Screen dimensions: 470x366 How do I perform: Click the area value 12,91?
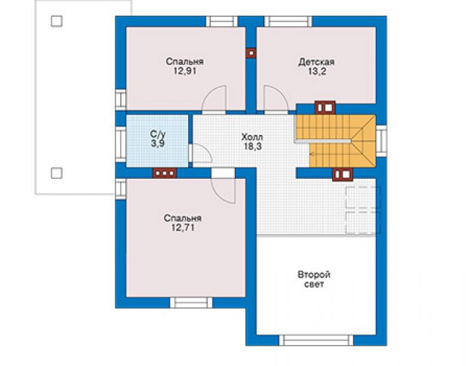click(185, 71)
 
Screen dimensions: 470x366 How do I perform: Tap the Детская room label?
click(316, 62)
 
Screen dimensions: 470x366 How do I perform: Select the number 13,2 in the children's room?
click(317, 71)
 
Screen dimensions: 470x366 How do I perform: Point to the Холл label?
click(252, 137)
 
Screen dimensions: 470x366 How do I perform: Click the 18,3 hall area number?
click(252, 146)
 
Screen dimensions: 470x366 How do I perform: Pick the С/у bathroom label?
click(158, 134)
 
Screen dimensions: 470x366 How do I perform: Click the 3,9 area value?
click(158, 143)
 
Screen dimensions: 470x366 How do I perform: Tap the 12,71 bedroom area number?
click(183, 227)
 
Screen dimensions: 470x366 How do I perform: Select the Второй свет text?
click(314, 279)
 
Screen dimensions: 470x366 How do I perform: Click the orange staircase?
click(336, 141)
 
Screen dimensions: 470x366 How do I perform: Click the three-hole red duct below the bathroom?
click(164, 173)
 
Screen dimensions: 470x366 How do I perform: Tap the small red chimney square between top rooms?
click(251, 53)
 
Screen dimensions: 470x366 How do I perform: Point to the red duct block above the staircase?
click(325, 108)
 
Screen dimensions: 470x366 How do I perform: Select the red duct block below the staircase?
click(342, 174)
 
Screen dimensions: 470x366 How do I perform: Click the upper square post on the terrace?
click(57, 22)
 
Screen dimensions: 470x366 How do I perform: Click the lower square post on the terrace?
click(57, 173)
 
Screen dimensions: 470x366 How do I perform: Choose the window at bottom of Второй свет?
click(316, 340)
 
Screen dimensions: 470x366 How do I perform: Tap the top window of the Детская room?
click(288, 22)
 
